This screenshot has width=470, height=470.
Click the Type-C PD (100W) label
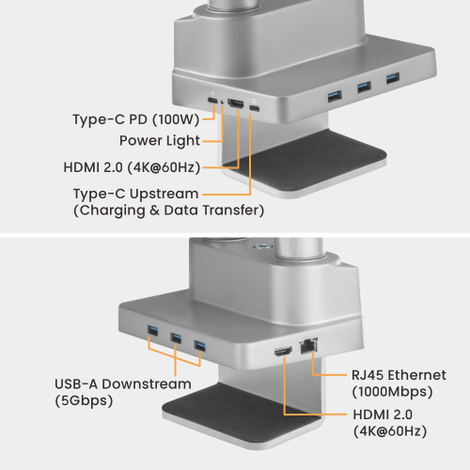[136, 119]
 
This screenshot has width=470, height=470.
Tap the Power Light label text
[159, 141]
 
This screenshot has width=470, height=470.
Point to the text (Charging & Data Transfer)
[168, 211]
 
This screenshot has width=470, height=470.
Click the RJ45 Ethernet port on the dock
[307, 346]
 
